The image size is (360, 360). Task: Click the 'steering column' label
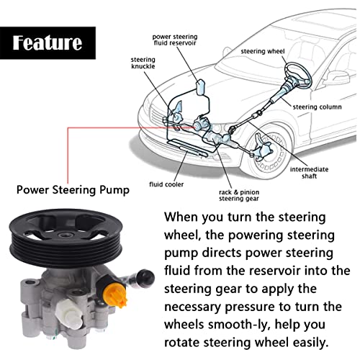point(316,107)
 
